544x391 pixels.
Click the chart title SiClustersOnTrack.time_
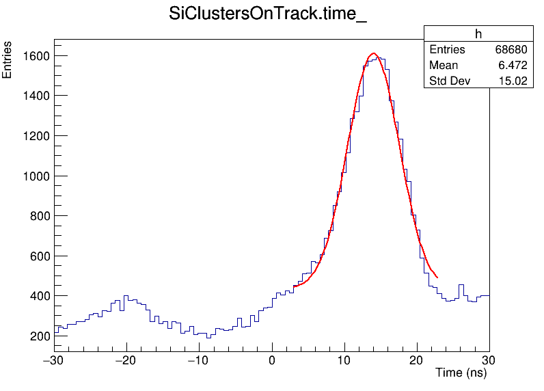(x=268, y=16)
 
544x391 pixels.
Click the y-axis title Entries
(x=8, y=60)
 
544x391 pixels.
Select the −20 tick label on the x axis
(x=126, y=360)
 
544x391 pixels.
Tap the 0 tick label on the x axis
(x=272, y=360)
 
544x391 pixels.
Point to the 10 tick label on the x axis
(x=344, y=360)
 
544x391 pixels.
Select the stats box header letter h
(x=478, y=34)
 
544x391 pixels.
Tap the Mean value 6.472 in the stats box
(x=513, y=66)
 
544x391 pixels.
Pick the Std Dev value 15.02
(x=513, y=81)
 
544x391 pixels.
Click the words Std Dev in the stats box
(x=448, y=81)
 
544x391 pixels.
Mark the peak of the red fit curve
(x=373, y=53)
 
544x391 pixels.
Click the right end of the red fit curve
(x=437, y=278)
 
